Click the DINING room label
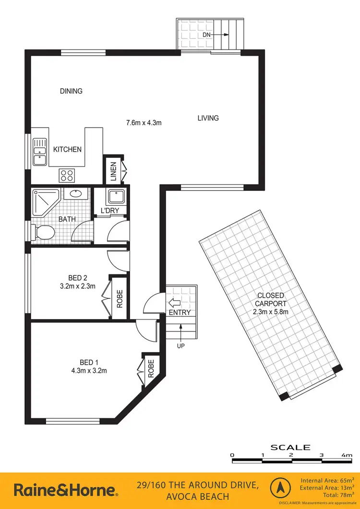(x=71, y=91)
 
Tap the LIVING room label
(x=208, y=118)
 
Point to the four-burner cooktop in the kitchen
(x=66, y=176)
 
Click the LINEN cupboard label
(x=113, y=171)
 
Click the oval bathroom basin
(x=75, y=195)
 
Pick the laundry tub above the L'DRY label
(x=115, y=197)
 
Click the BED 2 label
(x=78, y=278)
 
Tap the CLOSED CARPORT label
(x=271, y=299)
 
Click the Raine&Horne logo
(x=65, y=490)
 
